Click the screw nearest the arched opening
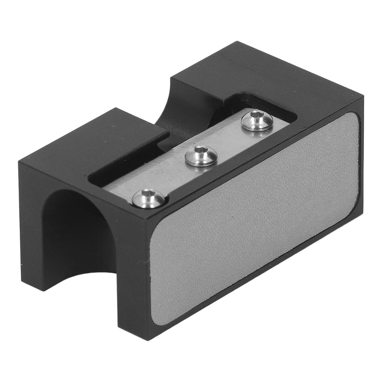point(148,198)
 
